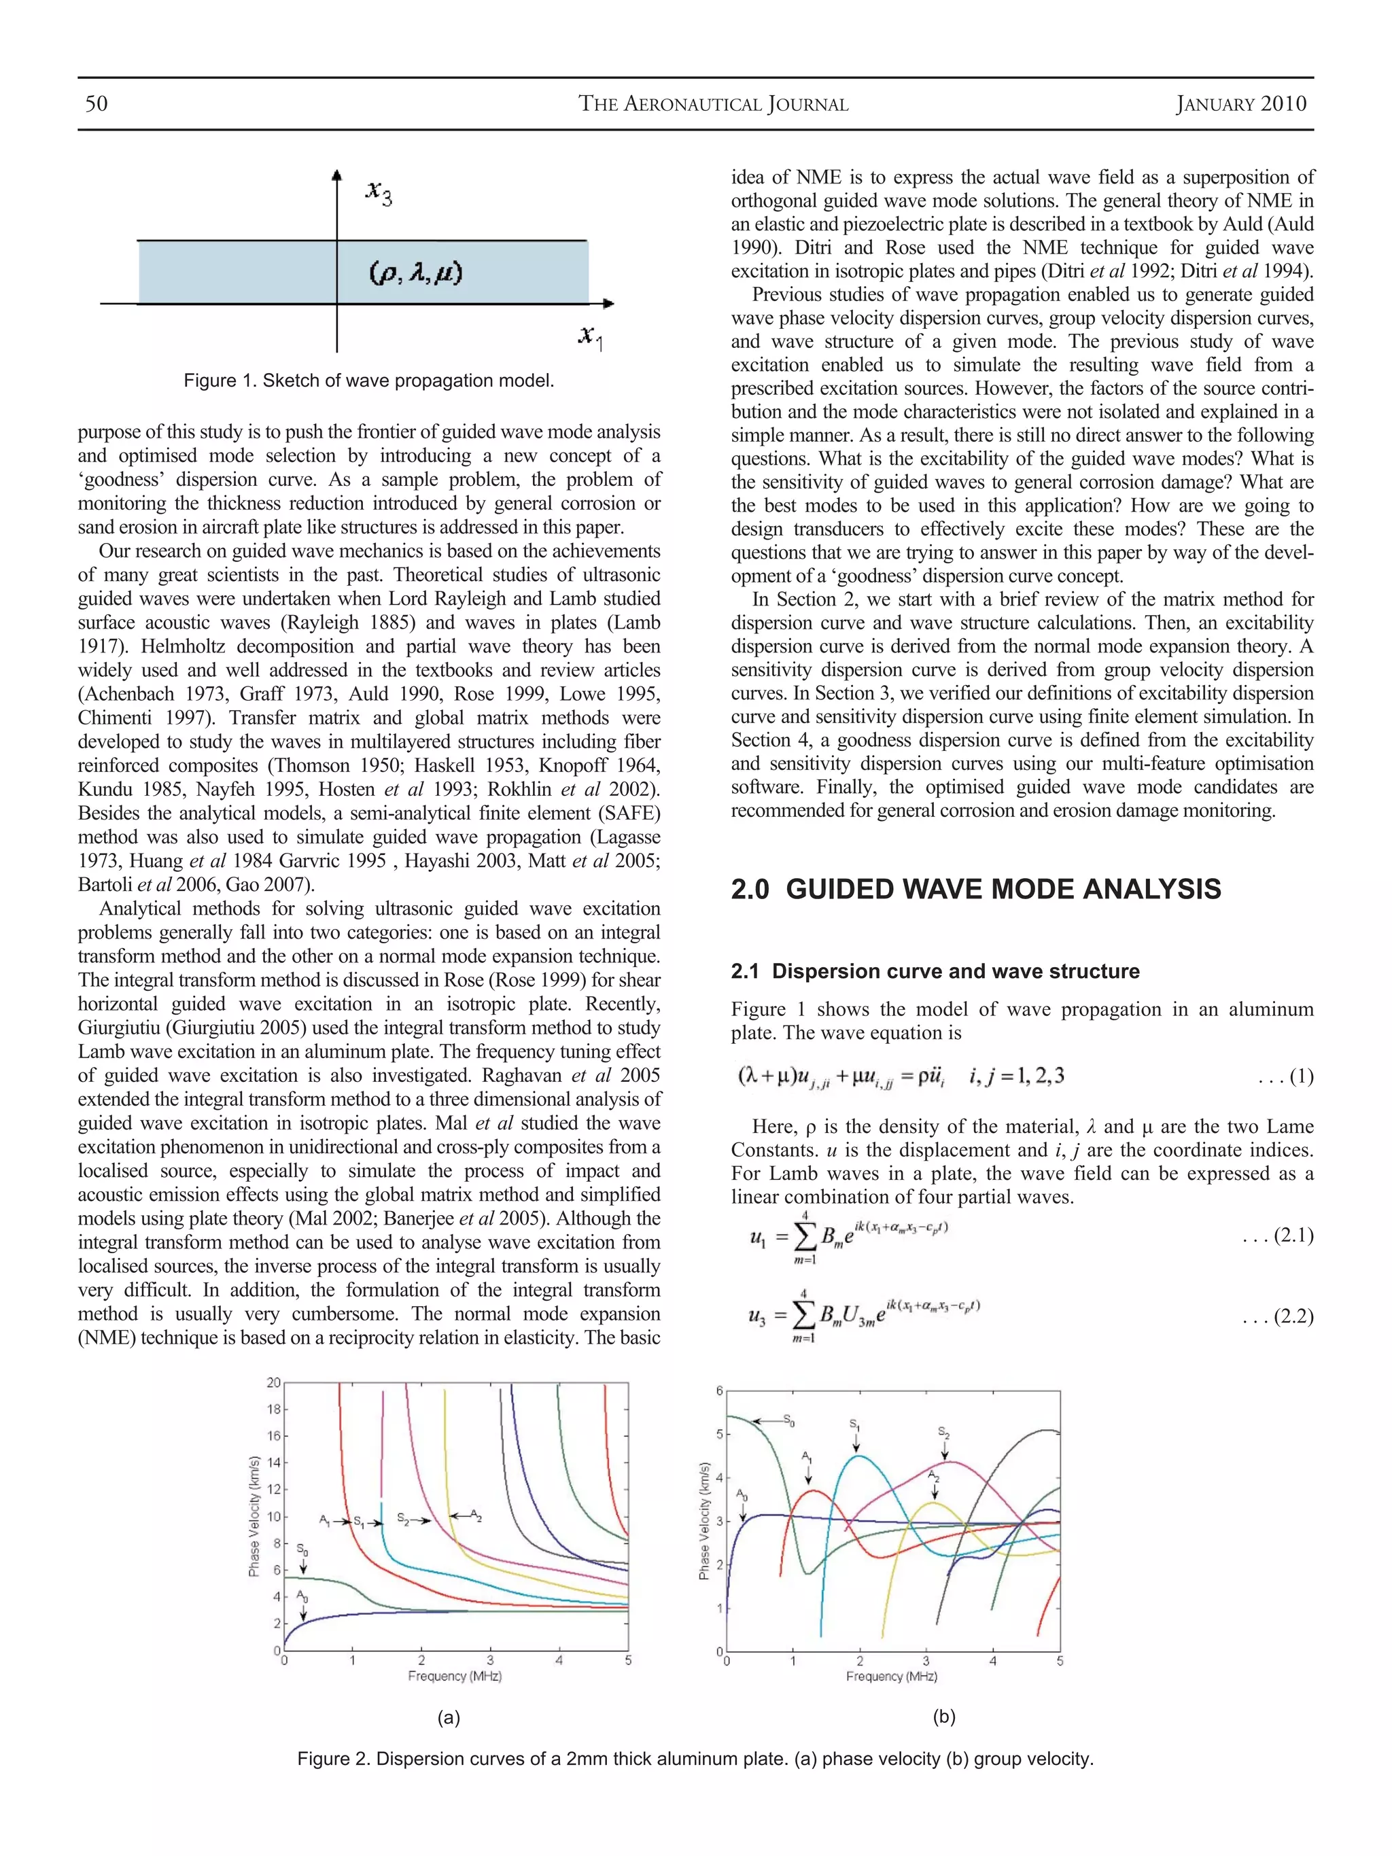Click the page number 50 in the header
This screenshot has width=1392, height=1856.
click(x=97, y=103)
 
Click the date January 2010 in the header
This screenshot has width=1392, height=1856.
click(x=1241, y=103)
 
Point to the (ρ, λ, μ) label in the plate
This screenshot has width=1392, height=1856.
click(x=416, y=273)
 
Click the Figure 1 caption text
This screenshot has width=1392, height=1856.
click(x=368, y=380)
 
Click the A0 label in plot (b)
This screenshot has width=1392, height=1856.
click(x=742, y=1494)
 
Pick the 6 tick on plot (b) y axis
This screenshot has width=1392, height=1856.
click(x=719, y=1391)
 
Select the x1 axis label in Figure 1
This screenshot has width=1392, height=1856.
click(x=591, y=336)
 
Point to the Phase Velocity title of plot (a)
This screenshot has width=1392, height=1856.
click(x=254, y=1516)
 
